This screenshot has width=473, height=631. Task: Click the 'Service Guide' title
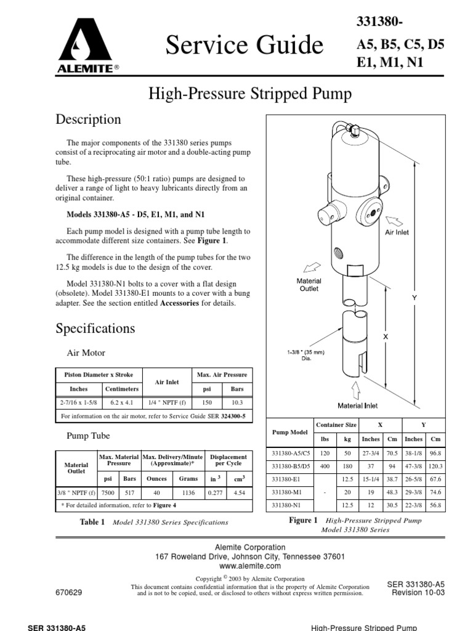(x=243, y=45)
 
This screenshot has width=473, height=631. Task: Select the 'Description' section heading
(x=88, y=119)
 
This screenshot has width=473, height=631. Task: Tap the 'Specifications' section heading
(x=95, y=328)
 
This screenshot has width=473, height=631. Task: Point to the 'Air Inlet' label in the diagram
(x=397, y=232)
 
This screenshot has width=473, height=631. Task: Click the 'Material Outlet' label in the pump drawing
(x=309, y=285)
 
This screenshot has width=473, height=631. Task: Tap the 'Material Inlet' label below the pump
(x=358, y=405)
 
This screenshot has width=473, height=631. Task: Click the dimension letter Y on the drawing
(x=414, y=297)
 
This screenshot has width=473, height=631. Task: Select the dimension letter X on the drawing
(x=386, y=337)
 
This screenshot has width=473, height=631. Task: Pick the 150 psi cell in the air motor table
(x=203, y=402)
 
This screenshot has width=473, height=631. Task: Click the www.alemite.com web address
(x=249, y=566)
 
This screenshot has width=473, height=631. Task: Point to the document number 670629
(x=68, y=592)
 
